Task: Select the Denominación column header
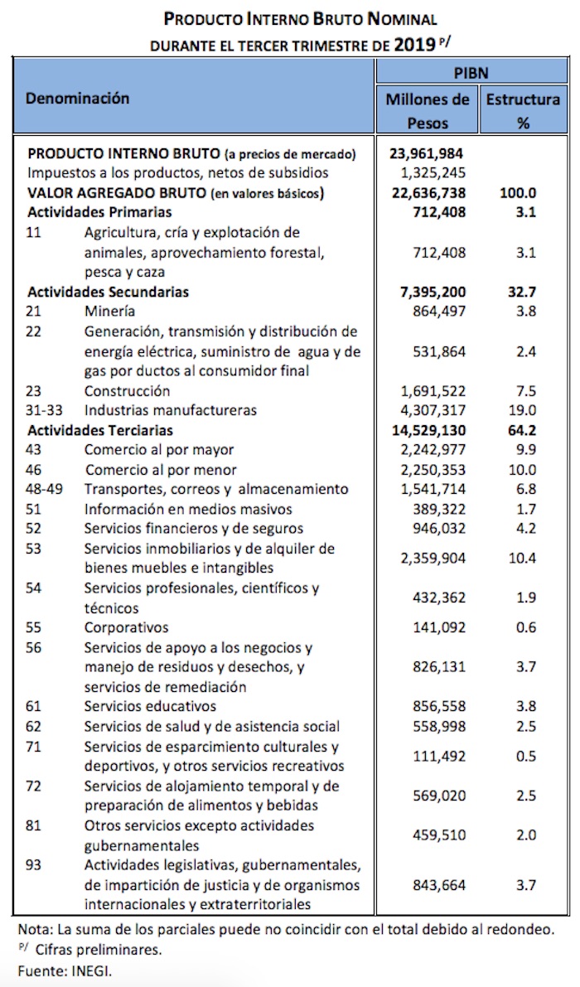(78, 99)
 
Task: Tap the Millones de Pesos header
(428, 111)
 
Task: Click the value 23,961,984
(428, 153)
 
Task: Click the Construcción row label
(128, 390)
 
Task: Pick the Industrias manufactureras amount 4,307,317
(428, 410)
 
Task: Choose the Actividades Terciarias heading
(100, 430)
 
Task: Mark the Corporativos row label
(127, 627)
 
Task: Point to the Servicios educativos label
(150, 706)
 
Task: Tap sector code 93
(34, 865)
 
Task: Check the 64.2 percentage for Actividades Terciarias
(524, 430)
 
